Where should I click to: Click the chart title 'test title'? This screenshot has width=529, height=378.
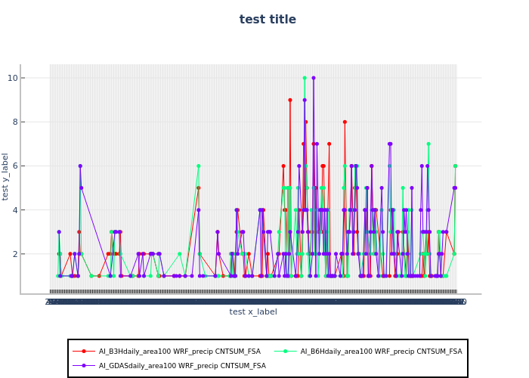[268, 20]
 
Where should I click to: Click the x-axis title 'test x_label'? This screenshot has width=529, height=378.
[253, 311]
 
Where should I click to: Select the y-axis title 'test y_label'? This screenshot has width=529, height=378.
[6, 176]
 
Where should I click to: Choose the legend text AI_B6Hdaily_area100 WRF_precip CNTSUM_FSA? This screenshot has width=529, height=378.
[381, 352]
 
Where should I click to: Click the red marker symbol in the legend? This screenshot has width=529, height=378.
[83, 352]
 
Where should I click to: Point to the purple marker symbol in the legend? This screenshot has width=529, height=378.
[83, 366]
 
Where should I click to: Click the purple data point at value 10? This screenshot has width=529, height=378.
[314, 78]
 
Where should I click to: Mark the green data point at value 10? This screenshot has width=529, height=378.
[305, 78]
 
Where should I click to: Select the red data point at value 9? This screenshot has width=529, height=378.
[289, 100]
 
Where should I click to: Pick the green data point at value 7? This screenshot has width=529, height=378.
[428, 144]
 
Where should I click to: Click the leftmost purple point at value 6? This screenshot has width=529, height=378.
[80, 166]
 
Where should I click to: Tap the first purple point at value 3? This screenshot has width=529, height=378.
[59, 232]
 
